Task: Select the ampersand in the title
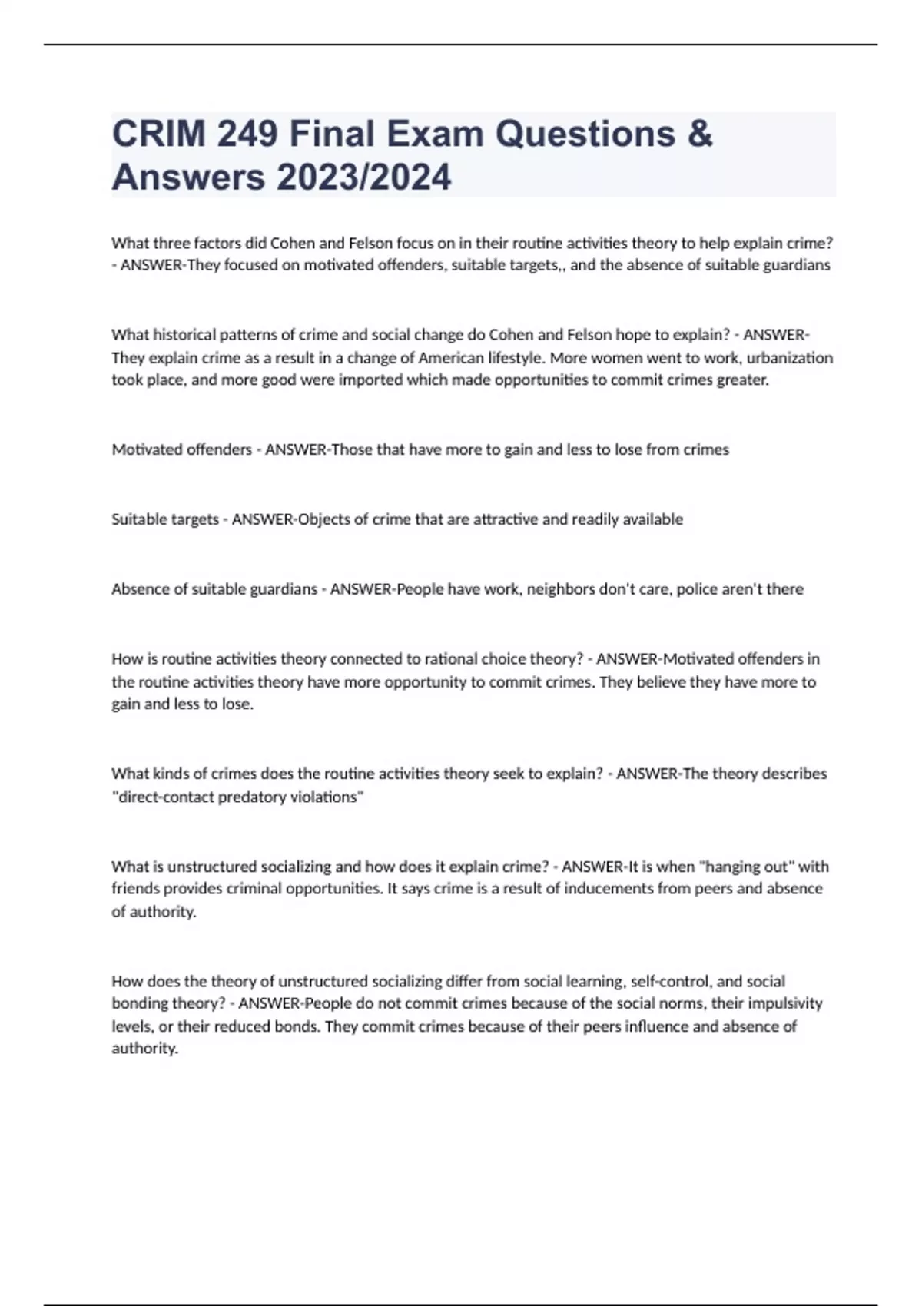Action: tap(698, 134)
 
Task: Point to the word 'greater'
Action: tap(742, 380)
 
